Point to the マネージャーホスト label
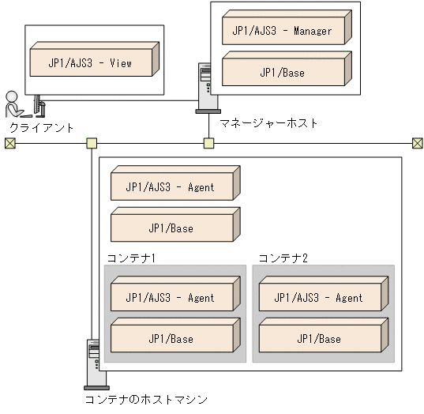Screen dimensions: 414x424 click(x=268, y=123)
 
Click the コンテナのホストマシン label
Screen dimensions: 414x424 click(x=146, y=400)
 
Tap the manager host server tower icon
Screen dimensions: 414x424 click(x=207, y=88)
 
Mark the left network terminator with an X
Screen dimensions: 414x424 click(x=9, y=143)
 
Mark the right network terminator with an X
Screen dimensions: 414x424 click(x=417, y=143)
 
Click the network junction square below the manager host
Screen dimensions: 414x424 click(x=208, y=143)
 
